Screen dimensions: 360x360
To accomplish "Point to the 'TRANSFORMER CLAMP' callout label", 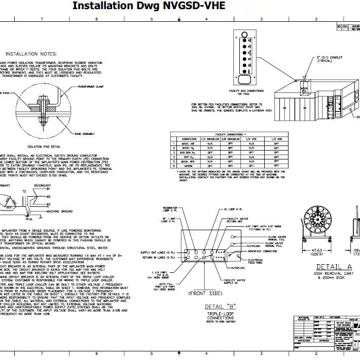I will click(91, 87).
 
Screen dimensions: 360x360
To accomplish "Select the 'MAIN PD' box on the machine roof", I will click(303, 90).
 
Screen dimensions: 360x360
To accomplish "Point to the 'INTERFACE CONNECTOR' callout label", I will click(262, 250).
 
